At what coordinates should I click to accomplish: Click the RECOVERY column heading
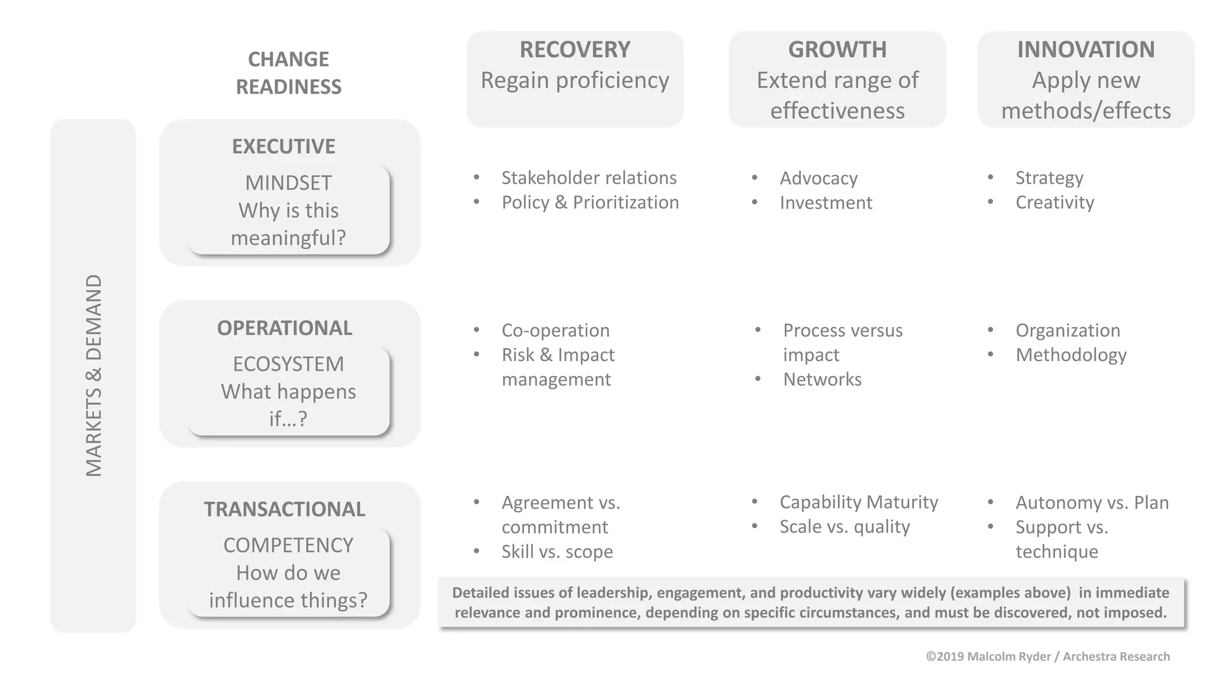click(575, 50)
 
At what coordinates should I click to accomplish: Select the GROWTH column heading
click(837, 50)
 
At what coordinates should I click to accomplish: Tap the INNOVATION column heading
click(1086, 50)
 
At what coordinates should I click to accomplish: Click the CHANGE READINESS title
click(288, 73)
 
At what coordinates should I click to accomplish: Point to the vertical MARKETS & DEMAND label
click(94, 375)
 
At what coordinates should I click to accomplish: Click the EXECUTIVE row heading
click(284, 147)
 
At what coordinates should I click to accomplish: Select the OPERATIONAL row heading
click(285, 328)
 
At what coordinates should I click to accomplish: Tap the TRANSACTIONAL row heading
click(284, 510)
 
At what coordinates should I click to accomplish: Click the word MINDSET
click(288, 183)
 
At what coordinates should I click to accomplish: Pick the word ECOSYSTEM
click(288, 364)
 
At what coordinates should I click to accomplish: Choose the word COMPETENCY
click(288, 545)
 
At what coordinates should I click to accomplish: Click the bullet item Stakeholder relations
click(589, 178)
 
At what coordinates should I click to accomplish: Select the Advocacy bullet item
click(818, 178)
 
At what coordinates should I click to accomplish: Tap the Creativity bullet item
click(1055, 203)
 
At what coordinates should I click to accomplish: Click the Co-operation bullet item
click(555, 331)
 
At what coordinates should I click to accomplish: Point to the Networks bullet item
click(822, 380)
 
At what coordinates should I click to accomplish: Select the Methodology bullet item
click(1071, 355)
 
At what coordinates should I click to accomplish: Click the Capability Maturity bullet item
click(858, 502)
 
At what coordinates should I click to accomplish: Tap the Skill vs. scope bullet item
click(557, 551)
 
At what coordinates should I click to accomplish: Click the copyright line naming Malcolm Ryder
click(1047, 657)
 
